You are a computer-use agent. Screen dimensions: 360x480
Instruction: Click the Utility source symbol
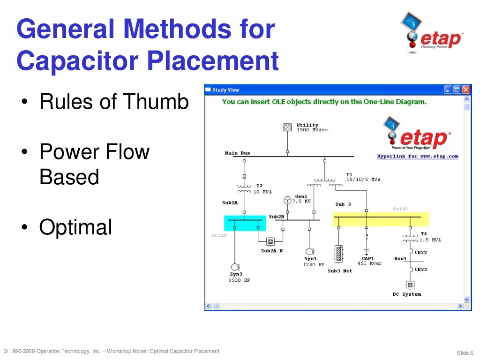(287, 127)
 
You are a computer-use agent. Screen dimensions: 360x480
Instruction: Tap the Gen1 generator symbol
(287, 200)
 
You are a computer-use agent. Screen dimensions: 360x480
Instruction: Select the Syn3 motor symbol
(235, 267)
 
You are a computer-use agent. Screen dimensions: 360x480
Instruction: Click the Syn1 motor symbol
(309, 251)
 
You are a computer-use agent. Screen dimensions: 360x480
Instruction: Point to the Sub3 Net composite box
(338, 254)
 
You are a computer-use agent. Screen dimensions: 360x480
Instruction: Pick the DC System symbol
(409, 285)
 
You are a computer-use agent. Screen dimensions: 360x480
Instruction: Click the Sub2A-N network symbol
(270, 241)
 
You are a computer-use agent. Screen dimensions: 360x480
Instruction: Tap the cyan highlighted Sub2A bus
(245, 223)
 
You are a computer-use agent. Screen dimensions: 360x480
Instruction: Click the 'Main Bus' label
(238, 153)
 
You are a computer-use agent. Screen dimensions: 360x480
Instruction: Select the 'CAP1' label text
(367, 258)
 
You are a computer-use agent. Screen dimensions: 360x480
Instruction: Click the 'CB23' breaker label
(420, 270)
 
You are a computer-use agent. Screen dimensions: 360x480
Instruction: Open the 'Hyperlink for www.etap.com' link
(418, 157)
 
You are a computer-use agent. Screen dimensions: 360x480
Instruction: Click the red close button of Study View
(465, 90)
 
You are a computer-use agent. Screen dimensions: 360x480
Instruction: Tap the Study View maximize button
(457, 90)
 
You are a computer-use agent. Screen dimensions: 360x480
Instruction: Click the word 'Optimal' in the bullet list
(75, 227)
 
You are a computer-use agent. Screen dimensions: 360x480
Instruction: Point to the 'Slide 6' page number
(465, 352)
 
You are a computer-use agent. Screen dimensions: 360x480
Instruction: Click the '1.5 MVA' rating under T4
(430, 240)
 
